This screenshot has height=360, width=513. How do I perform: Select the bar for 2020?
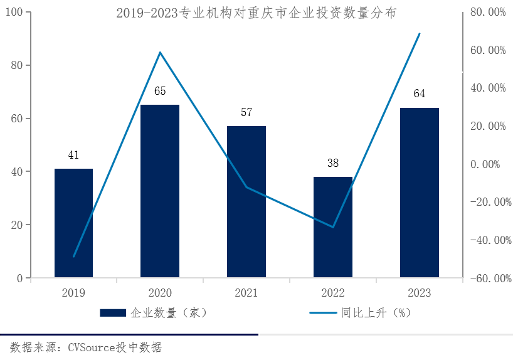tap(160, 191)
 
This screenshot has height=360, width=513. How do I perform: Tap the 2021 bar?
tap(246, 201)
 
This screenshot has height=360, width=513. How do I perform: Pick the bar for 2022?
tap(333, 226)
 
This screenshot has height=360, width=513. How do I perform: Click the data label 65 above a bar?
tap(160, 92)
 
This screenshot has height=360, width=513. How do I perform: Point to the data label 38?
tap(333, 163)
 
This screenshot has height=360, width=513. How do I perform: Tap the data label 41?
tap(73, 156)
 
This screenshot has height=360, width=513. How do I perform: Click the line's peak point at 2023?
tap(419, 34)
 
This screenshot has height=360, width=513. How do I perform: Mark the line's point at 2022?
tap(333, 227)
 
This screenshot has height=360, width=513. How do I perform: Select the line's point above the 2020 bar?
tap(160, 53)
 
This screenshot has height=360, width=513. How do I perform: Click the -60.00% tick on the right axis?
tap(486, 278)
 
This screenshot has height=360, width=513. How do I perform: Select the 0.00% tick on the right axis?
tap(488, 164)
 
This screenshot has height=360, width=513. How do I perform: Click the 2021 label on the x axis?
tap(246, 293)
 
